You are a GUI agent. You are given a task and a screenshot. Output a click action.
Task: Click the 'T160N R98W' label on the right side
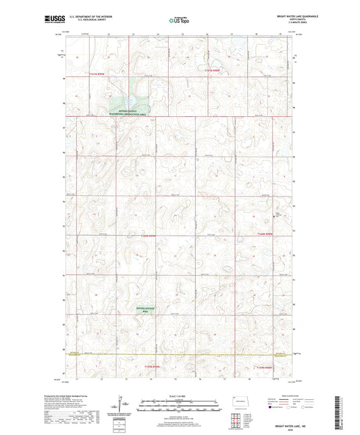[x=267, y=233]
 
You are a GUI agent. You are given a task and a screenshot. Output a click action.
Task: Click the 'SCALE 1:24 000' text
[x=180, y=396]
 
